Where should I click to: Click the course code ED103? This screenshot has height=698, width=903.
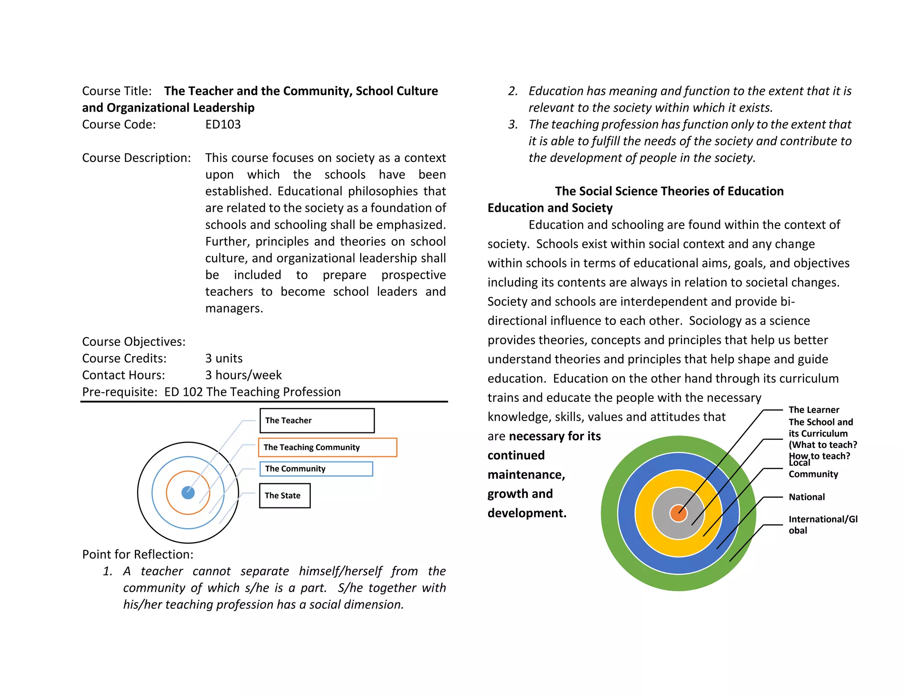223,124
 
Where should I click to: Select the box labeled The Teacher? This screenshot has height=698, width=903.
317,420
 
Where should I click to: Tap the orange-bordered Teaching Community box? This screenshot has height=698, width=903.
327,447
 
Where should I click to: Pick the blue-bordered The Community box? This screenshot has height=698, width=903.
316,469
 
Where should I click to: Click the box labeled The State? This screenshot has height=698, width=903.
284,495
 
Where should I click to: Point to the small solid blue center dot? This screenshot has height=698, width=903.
188,493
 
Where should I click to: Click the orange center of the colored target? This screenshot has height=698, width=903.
678,514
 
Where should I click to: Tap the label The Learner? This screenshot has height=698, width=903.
813,410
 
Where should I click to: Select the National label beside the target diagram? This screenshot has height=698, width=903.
806,497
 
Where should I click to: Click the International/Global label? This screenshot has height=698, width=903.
822,524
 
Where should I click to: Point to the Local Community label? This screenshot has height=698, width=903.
813,469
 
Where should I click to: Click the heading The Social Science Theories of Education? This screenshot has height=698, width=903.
669,191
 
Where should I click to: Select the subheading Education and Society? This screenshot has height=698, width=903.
550,208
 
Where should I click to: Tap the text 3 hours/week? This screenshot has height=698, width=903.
243,375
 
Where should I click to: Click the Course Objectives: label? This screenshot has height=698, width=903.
134,341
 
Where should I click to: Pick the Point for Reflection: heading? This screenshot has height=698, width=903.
138,554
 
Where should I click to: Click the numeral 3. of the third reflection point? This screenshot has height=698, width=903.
513,124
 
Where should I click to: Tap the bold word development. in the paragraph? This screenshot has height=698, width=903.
527,513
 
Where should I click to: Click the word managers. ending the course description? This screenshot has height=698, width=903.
234,308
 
